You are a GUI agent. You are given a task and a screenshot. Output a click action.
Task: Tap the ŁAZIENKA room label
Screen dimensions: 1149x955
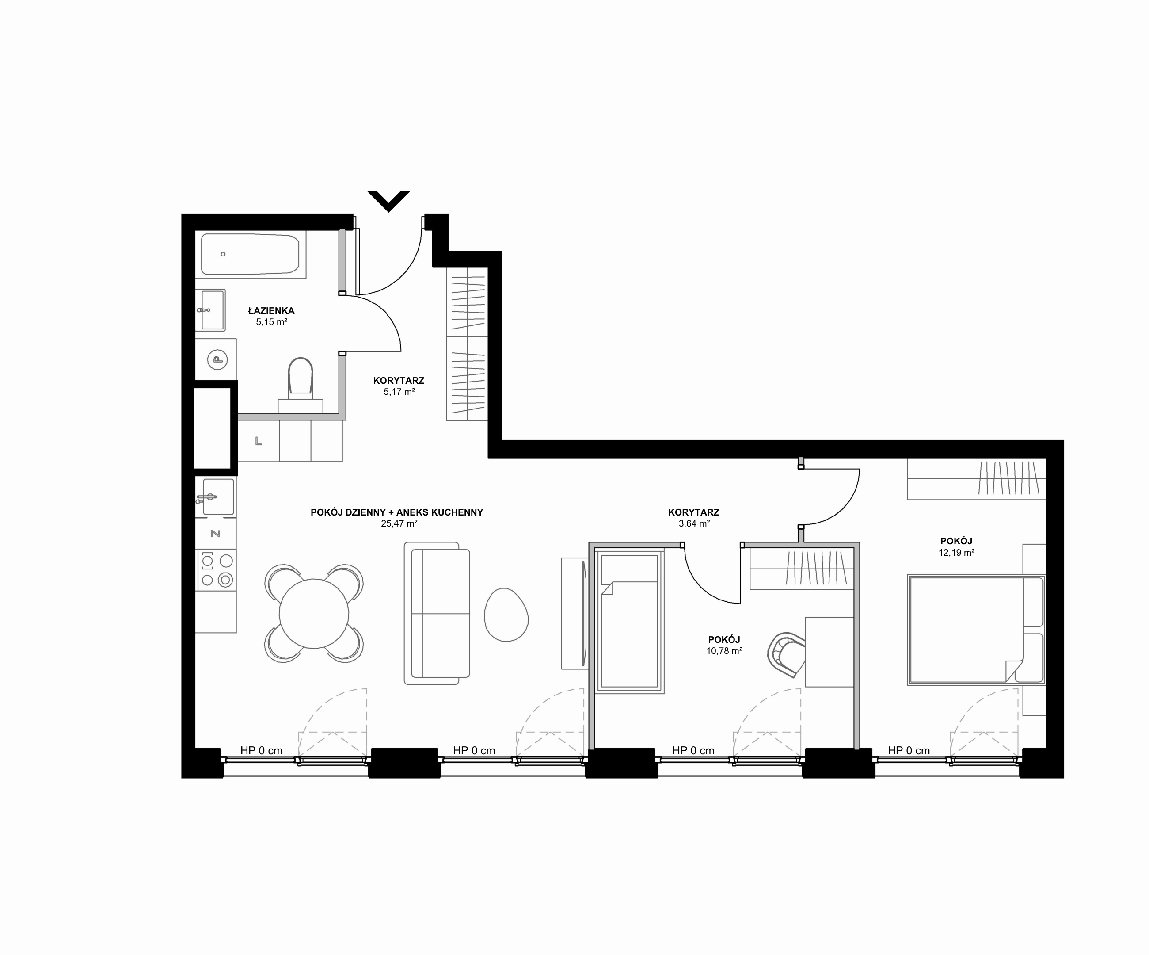point(271,311)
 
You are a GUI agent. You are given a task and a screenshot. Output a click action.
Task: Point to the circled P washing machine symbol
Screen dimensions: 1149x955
point(218,359)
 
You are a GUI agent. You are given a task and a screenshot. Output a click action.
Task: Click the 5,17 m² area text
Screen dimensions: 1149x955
point(399,392)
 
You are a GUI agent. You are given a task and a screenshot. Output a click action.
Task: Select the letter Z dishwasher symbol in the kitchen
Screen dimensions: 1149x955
point(216,534)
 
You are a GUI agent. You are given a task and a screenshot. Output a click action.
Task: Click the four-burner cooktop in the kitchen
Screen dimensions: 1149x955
point(217,570)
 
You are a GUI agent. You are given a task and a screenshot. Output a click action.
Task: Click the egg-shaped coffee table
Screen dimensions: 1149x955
point(506,615)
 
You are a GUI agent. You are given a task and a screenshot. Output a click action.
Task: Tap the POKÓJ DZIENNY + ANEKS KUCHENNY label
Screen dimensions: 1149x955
point(397,513)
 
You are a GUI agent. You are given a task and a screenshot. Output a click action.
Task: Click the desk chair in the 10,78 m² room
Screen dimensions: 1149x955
point(786,653)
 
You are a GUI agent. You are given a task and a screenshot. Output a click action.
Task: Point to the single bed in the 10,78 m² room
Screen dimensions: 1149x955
point(629,622)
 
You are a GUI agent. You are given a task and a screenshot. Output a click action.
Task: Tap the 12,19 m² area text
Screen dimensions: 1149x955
point(956,553)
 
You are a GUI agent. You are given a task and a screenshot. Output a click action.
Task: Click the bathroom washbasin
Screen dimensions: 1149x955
point(211,310)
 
